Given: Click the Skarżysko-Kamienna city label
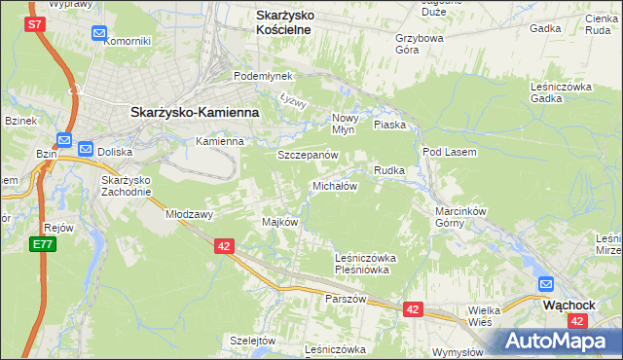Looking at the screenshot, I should [x=195, y=112].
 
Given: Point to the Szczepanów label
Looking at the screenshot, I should [x=308, y=155].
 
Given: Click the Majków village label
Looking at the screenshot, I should [x=279, y=222].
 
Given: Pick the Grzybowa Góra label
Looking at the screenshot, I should [x=420, y=45].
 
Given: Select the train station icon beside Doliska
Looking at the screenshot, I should [x=86, y=150].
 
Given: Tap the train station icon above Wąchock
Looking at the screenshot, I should [x=547, y=285].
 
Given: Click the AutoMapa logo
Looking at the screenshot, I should [x=559, y=341].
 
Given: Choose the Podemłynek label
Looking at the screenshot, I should [x=255, y=76].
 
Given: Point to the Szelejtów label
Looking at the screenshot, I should [x=254, y=341].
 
